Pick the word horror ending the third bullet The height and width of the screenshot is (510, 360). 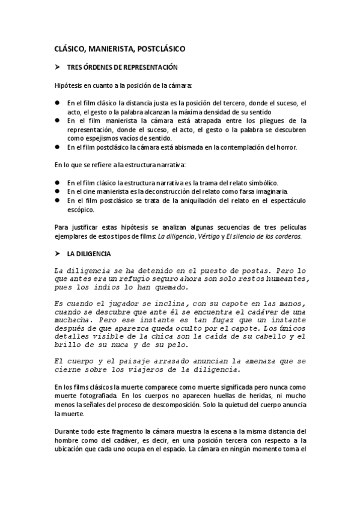point(283,147)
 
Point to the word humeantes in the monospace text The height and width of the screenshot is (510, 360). point(281,279)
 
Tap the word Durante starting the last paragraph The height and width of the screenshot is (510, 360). point(67,431)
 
